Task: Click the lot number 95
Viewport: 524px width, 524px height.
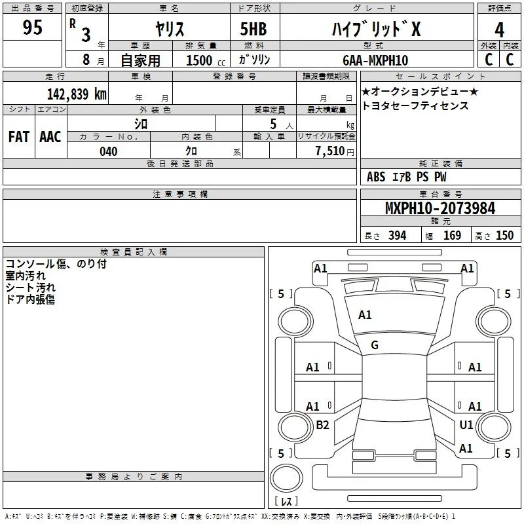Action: (x=32, y=27)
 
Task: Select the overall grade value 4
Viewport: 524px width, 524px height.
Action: (x=499, y=30)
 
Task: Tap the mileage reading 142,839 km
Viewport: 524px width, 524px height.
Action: (x=77, y=94)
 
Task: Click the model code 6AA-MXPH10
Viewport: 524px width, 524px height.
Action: (x=375, y=60)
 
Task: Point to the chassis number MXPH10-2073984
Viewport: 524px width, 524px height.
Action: (x=440, y=208)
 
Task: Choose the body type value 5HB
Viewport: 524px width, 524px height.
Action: (x=253, y=29)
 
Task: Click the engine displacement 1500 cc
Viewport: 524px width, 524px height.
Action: (x=206, y=60)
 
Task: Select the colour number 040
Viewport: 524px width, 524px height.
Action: (x=109, y=151)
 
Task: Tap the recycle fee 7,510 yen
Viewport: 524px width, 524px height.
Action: (x=335, y=151)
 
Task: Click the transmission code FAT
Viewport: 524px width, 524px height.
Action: (x=19, y=137)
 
